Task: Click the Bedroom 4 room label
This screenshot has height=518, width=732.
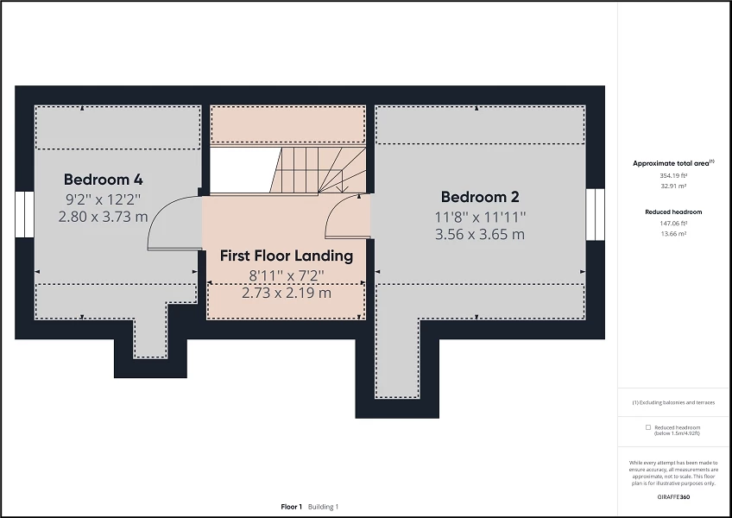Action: (103, 180)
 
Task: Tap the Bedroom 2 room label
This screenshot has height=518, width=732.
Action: (480, 197)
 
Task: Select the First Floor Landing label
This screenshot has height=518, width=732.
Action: (286, 256)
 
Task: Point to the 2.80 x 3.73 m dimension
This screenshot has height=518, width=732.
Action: (103, 217)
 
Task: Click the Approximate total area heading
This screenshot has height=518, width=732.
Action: (672, 162)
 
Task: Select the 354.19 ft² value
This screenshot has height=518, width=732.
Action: (672, 175)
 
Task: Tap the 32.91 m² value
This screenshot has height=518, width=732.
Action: (672, 186)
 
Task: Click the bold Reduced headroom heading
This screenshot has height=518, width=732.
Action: (673, 212)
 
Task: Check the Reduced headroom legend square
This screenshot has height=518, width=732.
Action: (648, 427)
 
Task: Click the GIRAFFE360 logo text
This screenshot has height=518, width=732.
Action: (673, 497)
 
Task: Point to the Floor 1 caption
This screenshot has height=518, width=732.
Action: (292, 507)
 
